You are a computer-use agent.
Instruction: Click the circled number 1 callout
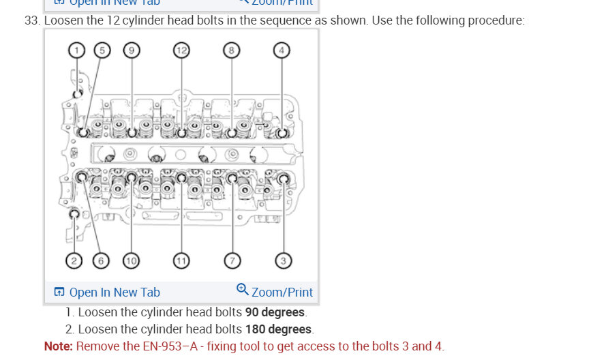click(77, 50)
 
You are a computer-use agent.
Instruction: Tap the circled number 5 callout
click(102, 50)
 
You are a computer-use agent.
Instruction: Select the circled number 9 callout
click(132, 50)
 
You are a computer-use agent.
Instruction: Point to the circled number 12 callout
click(181, 50)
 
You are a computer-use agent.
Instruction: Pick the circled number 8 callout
click(232, 50)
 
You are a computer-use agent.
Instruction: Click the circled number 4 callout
click(282, 50)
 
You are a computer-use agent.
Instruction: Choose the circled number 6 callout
click(102, 260)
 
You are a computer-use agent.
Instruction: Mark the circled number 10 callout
click(131, 260)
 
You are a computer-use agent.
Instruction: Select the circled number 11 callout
click(181, 260)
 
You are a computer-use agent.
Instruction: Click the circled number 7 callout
click(232, 260)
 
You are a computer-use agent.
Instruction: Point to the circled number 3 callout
click(283, 260)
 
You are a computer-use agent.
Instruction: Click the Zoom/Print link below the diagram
click(282, 292)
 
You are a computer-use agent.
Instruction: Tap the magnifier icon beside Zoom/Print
click(243, 290)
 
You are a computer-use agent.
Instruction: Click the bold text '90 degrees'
click(275, 313)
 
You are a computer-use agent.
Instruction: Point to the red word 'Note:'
click(59, 346)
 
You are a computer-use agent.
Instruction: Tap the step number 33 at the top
click(31, 20)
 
